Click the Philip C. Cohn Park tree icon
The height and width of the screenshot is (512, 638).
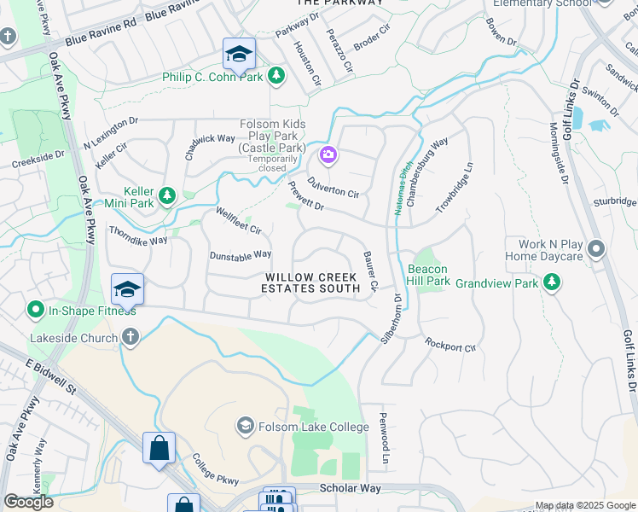(x=275, y=77)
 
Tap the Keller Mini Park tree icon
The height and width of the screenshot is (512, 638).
(x=167, y=196)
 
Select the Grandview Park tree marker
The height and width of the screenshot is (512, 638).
(x=553, y=281)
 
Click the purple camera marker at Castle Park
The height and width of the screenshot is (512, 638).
(x=328, y=154)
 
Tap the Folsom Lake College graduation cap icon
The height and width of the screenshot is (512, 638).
(x=246, y=426)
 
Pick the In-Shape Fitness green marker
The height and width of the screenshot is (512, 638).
(x=37, y=308)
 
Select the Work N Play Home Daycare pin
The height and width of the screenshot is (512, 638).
(x=596, y=250)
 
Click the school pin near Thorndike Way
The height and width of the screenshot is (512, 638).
(x=127, y=290)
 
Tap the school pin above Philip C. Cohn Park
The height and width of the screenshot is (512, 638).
(x=240, y=55)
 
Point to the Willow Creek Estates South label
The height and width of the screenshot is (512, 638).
(x=312, y=283)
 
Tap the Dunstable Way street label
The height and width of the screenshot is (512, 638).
(x=241, y=254)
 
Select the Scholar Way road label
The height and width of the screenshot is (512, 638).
(x=349, y=488)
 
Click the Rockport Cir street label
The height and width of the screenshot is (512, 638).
(x=450, y=345)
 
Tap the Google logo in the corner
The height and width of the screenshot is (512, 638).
(x=28, y=502)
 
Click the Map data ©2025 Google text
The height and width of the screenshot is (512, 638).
(x=585, y=505)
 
